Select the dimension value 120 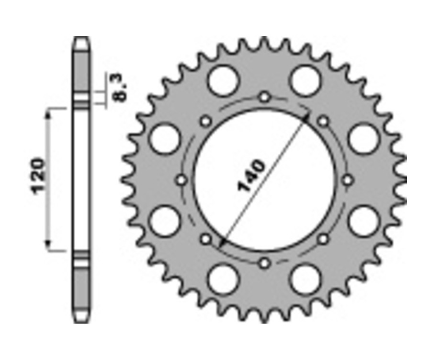(x=39, y=175)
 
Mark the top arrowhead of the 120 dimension (x=48, y=112)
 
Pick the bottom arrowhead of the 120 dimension (x=48, y=247)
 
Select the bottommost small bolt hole (x=264, y=263)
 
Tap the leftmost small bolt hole (x=181, y=180)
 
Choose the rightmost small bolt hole (x=348, y=180)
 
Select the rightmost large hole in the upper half (x=364, y=139)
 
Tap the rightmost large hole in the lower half (x=364, y=221)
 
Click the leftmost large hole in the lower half (x=164, y=221)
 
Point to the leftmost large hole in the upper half (x=164, y=139)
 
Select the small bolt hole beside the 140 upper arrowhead (x=323, y=122)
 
